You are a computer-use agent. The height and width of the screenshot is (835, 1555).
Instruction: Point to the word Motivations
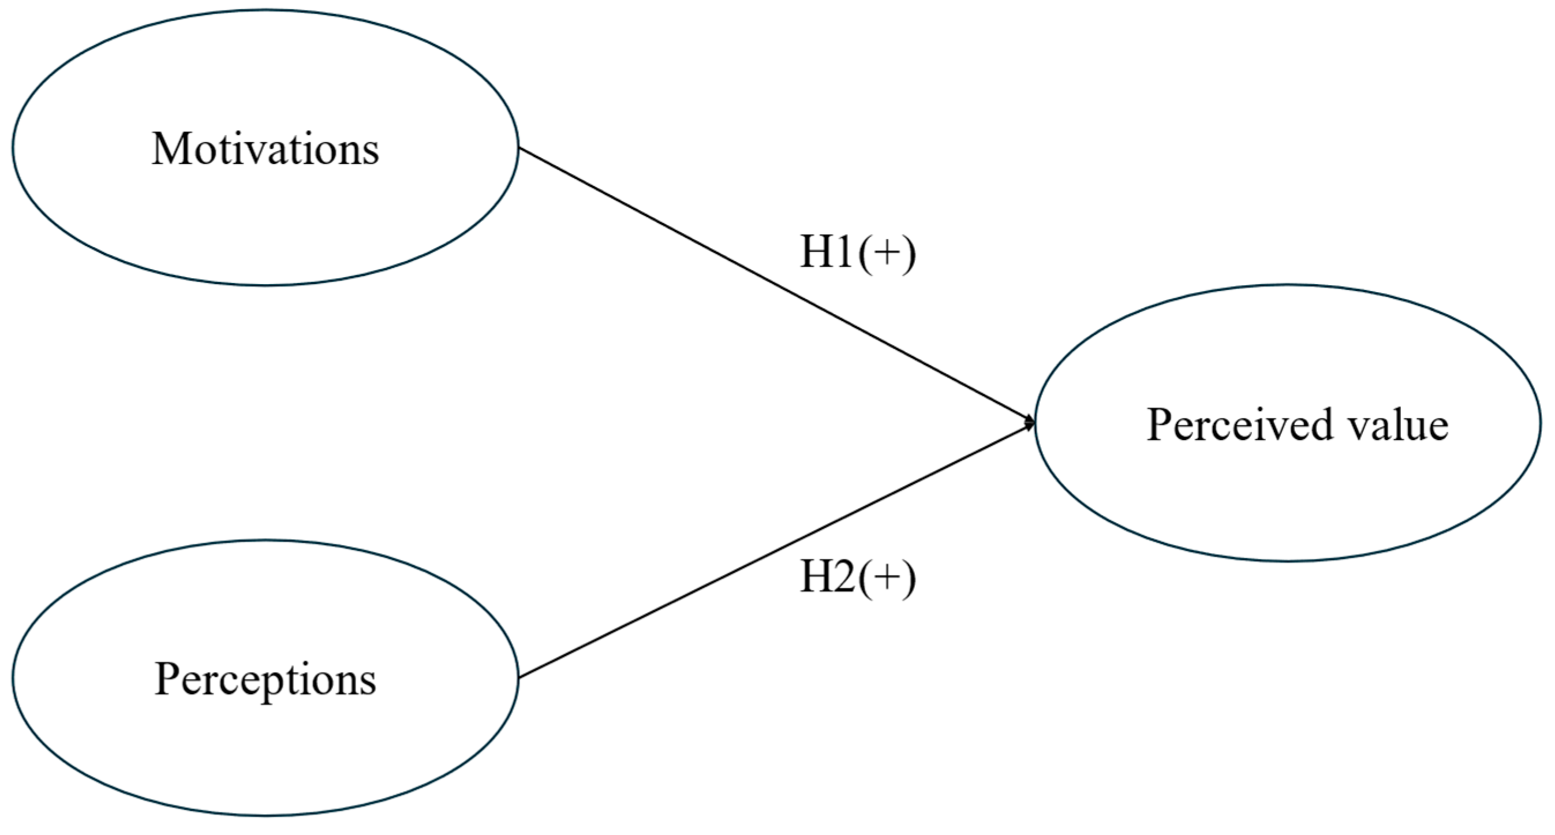[x=266, y=148]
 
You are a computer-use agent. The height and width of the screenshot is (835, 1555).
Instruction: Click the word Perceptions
[x=266, y=680]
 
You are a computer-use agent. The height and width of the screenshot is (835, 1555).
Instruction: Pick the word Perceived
[x=1238, y=424]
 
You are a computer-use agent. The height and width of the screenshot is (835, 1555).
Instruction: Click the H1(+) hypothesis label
[x=857, y=252]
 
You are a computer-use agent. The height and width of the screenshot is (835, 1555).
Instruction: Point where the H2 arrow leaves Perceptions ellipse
[x=519, y=677]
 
